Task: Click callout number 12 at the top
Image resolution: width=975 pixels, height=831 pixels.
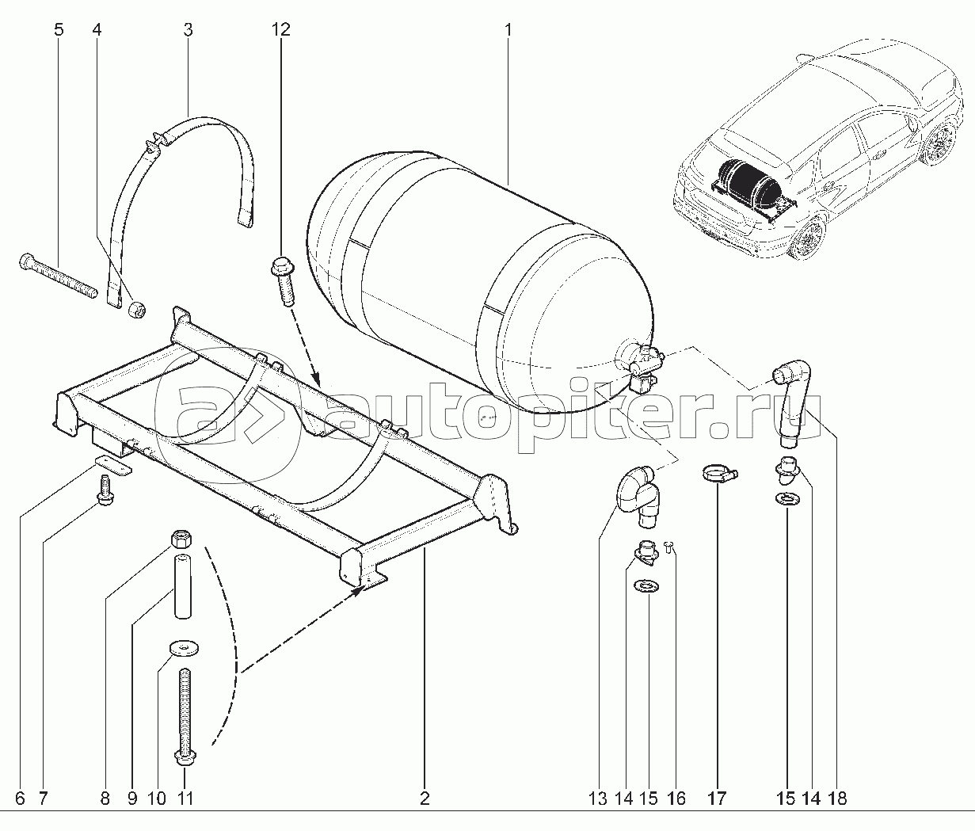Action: (x=280, y=30)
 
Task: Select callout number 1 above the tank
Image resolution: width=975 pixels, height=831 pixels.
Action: (x=508, y=30)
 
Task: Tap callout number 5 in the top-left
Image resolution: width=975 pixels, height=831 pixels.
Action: (x=59, y=30)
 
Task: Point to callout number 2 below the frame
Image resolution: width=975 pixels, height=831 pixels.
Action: (x=425, y=799)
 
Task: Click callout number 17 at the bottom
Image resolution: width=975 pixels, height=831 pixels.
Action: (x=717, y=799)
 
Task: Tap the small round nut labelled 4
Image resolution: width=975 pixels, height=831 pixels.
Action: (x=137, y=309)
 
